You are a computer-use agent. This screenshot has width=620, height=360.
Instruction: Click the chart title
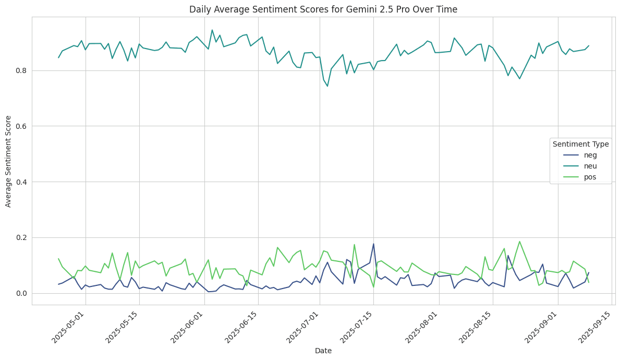click(x=323, y=9)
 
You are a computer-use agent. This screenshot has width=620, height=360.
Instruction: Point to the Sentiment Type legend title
click(x=580, y=144)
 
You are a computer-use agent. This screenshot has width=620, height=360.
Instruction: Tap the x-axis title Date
click(x=323, y=351)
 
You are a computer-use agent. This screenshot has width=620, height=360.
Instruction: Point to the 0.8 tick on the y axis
click(x=20, y=70)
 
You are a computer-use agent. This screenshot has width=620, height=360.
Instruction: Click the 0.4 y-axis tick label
click(x=20, y=182)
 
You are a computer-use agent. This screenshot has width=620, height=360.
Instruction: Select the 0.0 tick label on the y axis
click(x=20, y=293)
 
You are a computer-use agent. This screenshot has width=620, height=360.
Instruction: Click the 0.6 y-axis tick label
click(x=20, y=126)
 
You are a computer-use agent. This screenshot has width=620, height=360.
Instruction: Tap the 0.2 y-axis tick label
click(x=20, y=237)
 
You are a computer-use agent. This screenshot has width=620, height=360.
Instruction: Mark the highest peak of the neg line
click(x=373, y=244)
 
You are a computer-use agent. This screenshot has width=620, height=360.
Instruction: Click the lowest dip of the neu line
click(x=327, y=86)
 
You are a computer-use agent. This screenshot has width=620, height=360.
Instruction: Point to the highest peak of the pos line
click(x=519, y=242)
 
